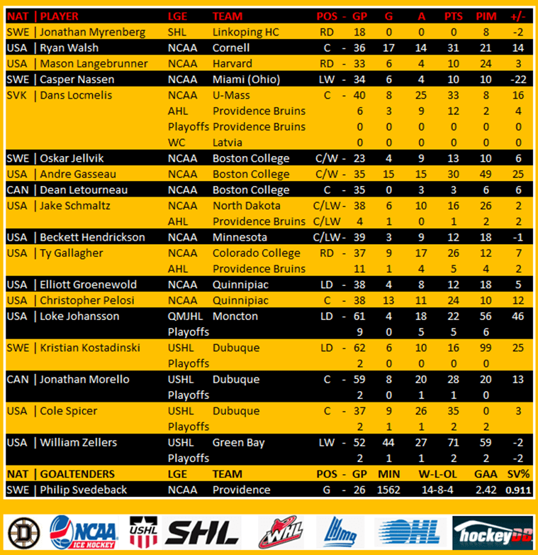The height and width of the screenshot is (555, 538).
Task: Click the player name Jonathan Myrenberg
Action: point(92,32)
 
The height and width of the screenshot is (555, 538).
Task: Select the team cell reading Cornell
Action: point(231,48)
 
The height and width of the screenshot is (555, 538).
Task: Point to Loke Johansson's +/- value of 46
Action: point(518,316)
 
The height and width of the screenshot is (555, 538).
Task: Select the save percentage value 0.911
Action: point(518,490)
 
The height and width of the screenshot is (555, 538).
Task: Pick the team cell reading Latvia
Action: point(228,142)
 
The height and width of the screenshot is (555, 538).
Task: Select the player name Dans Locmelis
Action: point(76,95)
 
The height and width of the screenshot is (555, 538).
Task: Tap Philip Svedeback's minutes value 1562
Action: point(388,490)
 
